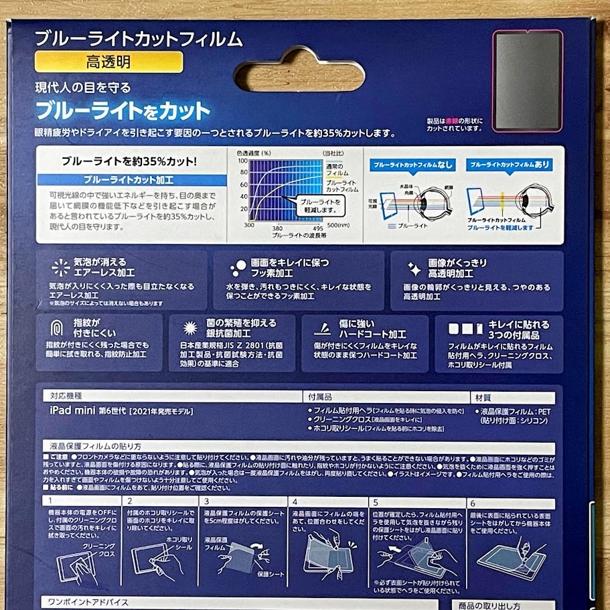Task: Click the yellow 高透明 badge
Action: [108, 64]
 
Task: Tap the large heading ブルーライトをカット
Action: [123, 109]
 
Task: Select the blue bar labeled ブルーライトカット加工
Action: [128, 179]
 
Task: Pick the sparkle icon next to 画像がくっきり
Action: [414, 269]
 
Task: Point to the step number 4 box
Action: [295, 501]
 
